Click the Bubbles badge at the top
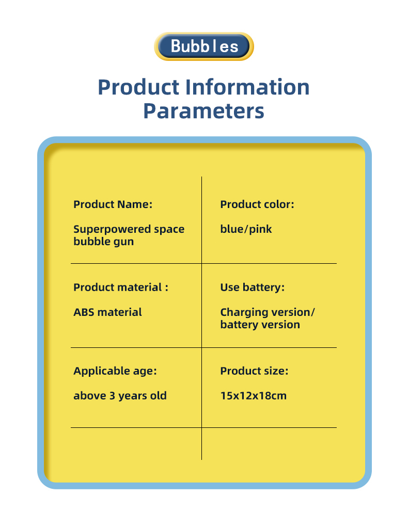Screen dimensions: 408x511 tap(204, 46)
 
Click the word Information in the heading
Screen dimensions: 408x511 tap(247, 87)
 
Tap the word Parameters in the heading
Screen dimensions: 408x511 tap(204, 111)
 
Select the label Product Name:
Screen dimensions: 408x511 tap(113, 204)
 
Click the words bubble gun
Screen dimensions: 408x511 tap(104, 242)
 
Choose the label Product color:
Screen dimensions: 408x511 tap(257, 204)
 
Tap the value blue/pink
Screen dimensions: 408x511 tap(246, 229)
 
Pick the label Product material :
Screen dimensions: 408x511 tap(121, 287)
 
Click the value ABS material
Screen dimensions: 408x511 tap(107, 312)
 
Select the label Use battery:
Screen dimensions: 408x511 tap(253, 288)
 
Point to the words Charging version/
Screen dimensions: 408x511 tap(268, 312)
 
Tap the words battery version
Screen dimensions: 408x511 tap(260, 325)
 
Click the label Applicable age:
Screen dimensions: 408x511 tap(115, 371)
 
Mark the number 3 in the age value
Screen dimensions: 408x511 tap(112, 395)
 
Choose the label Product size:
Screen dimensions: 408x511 tap(255, 371)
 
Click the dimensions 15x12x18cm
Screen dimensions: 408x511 tap(254, 395)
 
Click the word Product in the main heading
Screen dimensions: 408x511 tap(138, 87)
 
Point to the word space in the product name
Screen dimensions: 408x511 tap(169, 230)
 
